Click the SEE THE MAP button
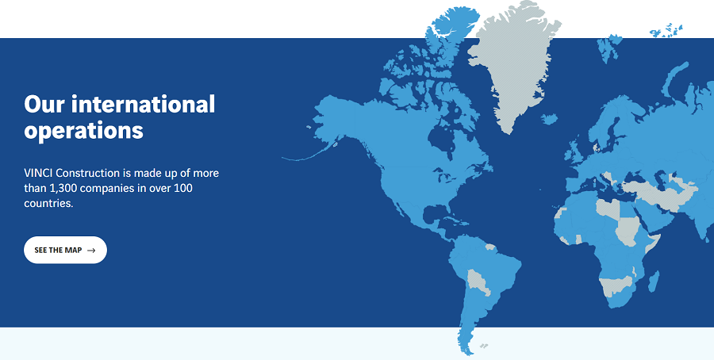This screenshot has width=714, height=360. click(65, 250)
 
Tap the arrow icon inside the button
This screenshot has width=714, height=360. click(91, 251)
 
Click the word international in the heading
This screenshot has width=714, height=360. click(143, 104)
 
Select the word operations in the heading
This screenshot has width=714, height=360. click(84, 131)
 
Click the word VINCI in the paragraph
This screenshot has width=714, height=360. click(39, 173)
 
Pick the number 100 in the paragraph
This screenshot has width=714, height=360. click(183, 188)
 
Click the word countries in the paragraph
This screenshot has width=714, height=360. click(48, 204)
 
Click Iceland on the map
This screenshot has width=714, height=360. click(550, 119)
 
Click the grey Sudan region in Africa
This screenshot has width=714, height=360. click(626, 231)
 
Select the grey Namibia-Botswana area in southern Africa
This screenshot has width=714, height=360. click(616, 285)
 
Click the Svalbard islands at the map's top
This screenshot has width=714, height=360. click(666, 30)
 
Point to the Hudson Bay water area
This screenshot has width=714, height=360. click(443, 136)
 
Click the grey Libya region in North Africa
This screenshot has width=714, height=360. click(608, 208)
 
